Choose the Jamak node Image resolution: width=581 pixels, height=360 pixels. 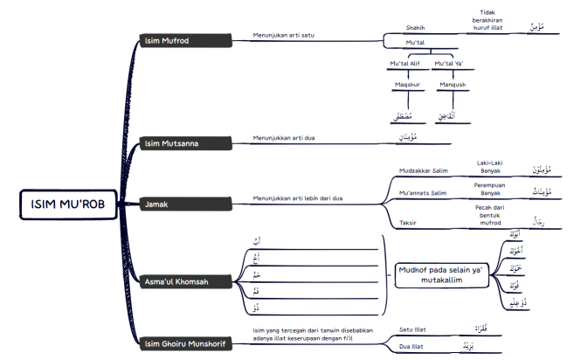(158, 204)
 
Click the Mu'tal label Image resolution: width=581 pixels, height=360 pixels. (416, 43)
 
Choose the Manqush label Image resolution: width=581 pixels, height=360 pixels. (453, 85)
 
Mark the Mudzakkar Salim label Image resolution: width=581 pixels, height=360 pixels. (423, 171)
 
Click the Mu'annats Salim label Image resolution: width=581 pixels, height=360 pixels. (423, 192)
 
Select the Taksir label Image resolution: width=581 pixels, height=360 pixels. (409, 223)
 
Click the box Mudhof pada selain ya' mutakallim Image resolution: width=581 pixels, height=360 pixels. (439, 275)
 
